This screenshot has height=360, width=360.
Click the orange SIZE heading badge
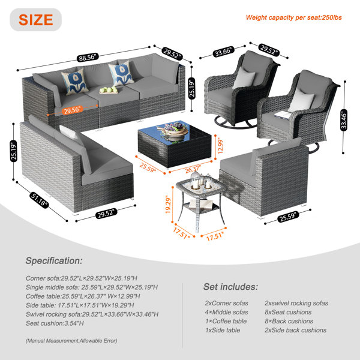[x=35, y=20]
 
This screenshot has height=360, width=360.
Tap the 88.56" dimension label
[x=88, y=58]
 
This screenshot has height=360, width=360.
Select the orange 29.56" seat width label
[x=73, y=110]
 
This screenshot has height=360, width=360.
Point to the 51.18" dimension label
[x=39, y=200]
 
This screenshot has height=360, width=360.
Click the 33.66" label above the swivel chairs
[x=224, y=51]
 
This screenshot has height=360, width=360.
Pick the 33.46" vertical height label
[x=343, y=121]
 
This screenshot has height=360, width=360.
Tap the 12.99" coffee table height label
[x=220, y=146]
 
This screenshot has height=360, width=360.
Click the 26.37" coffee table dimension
[x=193, y=169]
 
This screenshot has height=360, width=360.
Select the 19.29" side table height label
[x=168, y=205]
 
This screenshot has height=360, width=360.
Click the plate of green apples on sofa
[x=109, y=90]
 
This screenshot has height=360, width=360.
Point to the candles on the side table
[x=201, y=181]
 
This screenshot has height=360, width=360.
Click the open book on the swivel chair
[x=283, y=115]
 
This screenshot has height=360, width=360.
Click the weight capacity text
[x=293, y=17]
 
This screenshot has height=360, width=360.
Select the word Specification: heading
[x=54, y=261]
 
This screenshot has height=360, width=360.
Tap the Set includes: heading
[x=231, y=287]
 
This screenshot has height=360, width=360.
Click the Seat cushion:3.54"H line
[x=55, y=323]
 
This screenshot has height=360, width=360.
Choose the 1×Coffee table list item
[x=226, y=321]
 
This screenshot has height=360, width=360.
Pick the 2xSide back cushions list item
[x=295, y=330]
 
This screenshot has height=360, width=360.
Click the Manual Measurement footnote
[x=71, y=341]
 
